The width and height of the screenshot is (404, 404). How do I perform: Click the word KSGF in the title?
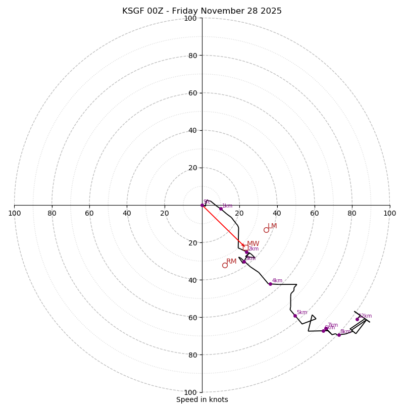coord(133,11)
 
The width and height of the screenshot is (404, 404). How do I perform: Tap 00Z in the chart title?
coord(157,11)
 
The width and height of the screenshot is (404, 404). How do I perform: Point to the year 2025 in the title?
coord(270,11)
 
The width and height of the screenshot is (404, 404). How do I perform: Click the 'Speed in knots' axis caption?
coord(202,399)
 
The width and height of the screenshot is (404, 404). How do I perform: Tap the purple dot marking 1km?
coord(221,209)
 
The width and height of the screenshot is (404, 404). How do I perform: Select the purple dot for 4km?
coord(270,284)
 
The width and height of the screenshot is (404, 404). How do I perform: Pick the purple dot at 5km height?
coord(295,316)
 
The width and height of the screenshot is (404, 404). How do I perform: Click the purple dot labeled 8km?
coord(339,335)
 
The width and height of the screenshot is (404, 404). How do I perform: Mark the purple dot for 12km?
coord(357,319)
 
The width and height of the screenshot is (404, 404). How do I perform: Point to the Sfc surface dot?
coord(202,205)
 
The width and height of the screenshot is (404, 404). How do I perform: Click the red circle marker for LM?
coord(266,230)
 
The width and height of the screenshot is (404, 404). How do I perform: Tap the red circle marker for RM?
coord(225,265)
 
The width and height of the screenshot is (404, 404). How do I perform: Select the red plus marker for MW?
coord(243,245)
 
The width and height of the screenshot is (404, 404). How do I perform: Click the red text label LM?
coord(272,226)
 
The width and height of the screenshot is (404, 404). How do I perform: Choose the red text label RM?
coord(231,261)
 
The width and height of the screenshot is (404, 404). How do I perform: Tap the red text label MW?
coord(253,243)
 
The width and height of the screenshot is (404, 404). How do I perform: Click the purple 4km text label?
coord(277,281)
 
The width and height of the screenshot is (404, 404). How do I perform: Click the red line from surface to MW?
coord(222,225)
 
